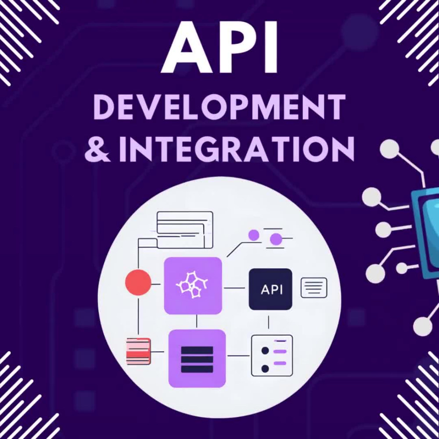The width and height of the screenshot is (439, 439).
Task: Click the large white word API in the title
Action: coord(220,47)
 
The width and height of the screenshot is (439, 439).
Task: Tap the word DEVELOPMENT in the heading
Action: coord(219,107)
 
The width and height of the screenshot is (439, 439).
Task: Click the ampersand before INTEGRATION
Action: coord(97,149)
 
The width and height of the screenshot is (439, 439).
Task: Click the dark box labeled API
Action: coord(270,289)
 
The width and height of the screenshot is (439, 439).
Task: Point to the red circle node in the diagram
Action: coord(138,282)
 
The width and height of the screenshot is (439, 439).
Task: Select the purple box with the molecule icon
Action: coord(193,286)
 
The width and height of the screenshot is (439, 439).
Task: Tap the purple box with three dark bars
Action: coord(197,358)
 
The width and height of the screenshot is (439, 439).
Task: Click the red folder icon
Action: coord(138,351)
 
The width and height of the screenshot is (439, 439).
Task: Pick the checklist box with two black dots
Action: coord(272,355)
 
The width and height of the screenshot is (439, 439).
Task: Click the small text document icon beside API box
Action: coord(314,288)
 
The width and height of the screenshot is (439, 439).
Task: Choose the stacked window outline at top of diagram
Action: coord(185,230)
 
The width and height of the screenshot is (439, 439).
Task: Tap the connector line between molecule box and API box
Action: coord(234,288)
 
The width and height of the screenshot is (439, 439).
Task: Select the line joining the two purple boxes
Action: coord(197,321)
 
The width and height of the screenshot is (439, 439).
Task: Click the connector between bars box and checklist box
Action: coord(238,356)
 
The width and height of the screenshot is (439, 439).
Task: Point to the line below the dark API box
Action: coord(269,322)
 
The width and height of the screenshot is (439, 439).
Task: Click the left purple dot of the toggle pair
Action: coord(254,235)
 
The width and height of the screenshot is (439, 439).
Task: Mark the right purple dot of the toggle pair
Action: coord(276,239)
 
